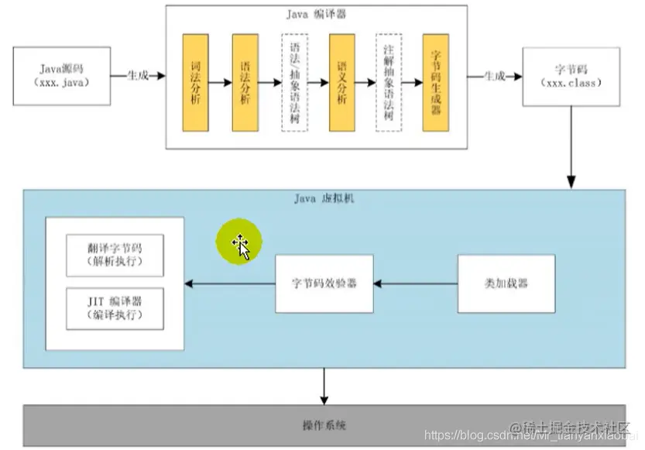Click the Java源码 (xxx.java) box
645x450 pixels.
click(59, 76)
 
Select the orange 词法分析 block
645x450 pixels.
click(195, 81)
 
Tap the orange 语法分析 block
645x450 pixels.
click(245, 81)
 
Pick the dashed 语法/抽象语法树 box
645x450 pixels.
click(293, 82)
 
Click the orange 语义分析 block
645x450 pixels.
click(341, 81)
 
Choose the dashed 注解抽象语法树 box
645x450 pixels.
click(388, 82)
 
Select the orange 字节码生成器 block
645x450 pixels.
click(436, 81)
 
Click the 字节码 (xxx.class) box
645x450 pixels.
click(571, 76)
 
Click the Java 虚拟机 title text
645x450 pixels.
click(324, 198)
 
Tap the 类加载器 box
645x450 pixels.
click(506, 283)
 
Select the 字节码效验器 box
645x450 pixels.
click(324, 283)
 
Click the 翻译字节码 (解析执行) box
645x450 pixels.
click(115, 255)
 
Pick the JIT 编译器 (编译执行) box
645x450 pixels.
click(115, 308)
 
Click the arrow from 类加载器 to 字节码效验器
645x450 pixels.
click(416, 283)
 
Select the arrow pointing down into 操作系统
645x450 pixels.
click(324, 385)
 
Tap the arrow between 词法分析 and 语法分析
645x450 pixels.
click(220, 81)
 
